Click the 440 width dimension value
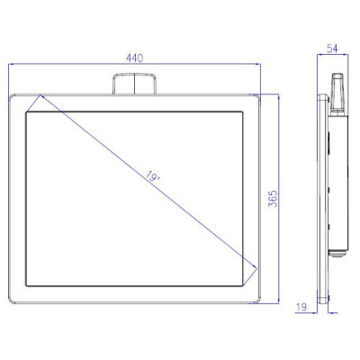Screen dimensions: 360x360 (x=135, y=57)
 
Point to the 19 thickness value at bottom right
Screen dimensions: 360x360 (x=301, y=308)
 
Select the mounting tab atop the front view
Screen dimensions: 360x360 (x=134, y=85)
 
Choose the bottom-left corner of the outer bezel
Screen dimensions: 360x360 (x=9, y=303)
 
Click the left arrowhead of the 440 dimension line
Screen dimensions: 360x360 (x=11, y=64)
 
